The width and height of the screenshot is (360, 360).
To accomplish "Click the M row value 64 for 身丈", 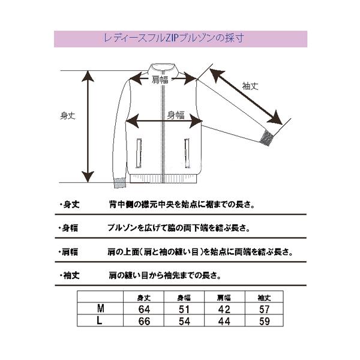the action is click(144, 309).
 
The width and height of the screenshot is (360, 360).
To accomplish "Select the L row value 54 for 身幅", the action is click(184, 321).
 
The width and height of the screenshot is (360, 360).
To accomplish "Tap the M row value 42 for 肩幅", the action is click(224, 309).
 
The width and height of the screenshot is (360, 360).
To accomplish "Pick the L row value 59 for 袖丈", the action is click(264, 321).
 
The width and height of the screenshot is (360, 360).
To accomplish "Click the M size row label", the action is click(101, 308).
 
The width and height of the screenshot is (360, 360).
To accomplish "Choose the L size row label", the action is click(100, 320).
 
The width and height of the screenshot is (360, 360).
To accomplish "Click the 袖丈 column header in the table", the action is click(264, 298).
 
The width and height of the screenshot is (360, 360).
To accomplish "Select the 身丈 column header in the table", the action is click(144, 298).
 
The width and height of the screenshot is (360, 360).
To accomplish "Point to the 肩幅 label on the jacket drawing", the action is click(160, 80).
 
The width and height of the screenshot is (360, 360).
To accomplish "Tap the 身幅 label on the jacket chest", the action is click(176, 115).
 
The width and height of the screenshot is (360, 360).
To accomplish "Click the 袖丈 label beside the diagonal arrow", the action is click(250, 86).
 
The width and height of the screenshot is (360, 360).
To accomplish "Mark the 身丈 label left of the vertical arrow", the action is click(68, 115).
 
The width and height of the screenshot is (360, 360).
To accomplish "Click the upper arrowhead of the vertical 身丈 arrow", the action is click(88, 76).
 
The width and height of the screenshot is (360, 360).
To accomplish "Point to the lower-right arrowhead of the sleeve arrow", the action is click(276, 118).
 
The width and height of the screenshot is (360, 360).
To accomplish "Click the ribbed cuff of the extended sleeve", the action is click(267, 138).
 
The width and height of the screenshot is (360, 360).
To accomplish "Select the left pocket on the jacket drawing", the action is click(139, 153).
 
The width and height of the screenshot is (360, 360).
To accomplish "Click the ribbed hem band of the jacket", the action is click(163, 179).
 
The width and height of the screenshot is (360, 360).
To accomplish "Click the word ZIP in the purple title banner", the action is click(172, 38).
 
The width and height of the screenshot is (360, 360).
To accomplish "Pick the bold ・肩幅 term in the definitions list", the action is click(68, 252).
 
